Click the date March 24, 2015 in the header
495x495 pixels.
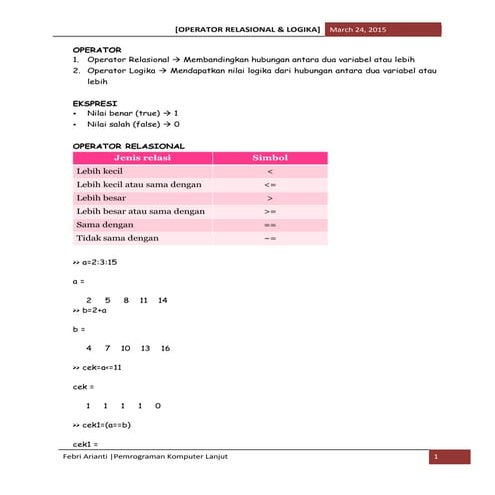pos(357,31)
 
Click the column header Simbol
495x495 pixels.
pos(269,158)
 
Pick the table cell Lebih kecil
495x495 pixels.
pos(100,171)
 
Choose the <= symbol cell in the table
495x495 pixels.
pos(270,185)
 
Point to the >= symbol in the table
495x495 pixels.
pos(270,212)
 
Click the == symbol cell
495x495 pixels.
pos(270,226)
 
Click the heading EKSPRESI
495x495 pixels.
pos(96,103)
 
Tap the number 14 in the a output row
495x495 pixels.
pos(162,300)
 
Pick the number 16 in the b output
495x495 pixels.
pos(165,348)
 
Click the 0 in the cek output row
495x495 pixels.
pos(158,405)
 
